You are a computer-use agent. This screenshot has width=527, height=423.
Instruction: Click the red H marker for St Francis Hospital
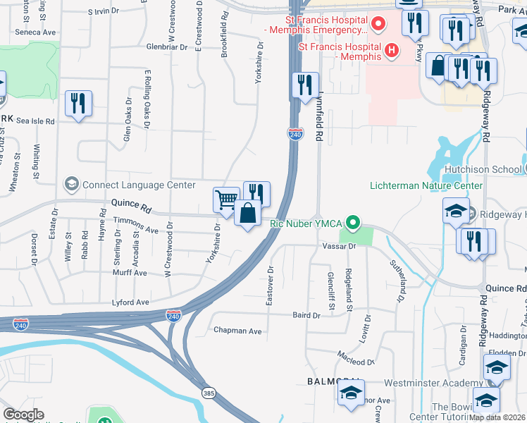point(388,51)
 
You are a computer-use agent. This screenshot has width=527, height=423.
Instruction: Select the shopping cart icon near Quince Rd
point(226,200)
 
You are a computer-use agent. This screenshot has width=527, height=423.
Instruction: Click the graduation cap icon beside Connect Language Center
point(71,185)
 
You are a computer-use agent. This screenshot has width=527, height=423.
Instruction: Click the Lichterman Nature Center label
point(426,185)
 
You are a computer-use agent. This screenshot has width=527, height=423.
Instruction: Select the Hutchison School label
point(483,169)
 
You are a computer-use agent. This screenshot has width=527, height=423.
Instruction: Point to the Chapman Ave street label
point(237,331)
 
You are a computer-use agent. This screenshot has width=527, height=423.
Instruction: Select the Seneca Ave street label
point(35,32)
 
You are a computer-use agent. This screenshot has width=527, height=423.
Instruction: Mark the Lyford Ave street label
point(131,302)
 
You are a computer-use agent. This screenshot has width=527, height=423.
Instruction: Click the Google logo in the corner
point(23,415)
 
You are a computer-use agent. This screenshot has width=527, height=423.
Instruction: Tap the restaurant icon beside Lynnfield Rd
point(304,85)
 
